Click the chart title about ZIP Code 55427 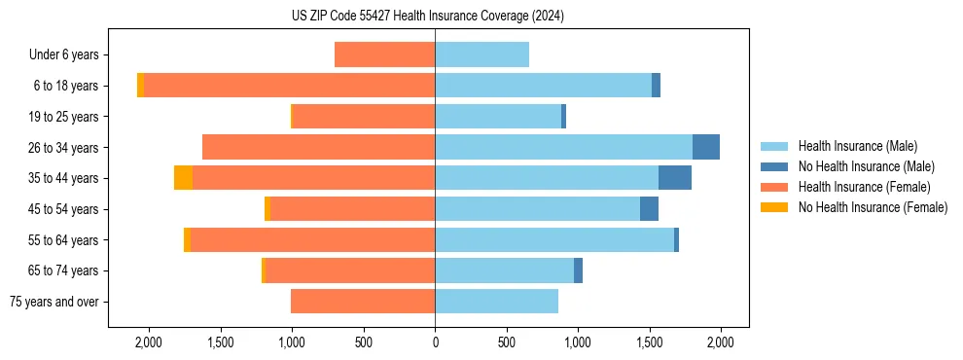click(427, 16)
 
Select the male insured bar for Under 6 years click(481, 54)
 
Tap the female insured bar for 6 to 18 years click(289, 86)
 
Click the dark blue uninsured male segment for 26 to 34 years click(706, 147)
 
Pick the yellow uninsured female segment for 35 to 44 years click(183, 178)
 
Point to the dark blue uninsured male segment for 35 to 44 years click(675, 178)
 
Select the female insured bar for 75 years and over click(363, 302)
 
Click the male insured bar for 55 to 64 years click(554, 239)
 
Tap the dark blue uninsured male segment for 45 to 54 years click(649, 209)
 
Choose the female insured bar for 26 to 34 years click(318, 147)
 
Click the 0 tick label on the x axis click(435, 342)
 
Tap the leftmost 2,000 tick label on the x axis click(149, 342)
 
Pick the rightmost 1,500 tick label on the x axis click(649, 342)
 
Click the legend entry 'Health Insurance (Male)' click(857, 146)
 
